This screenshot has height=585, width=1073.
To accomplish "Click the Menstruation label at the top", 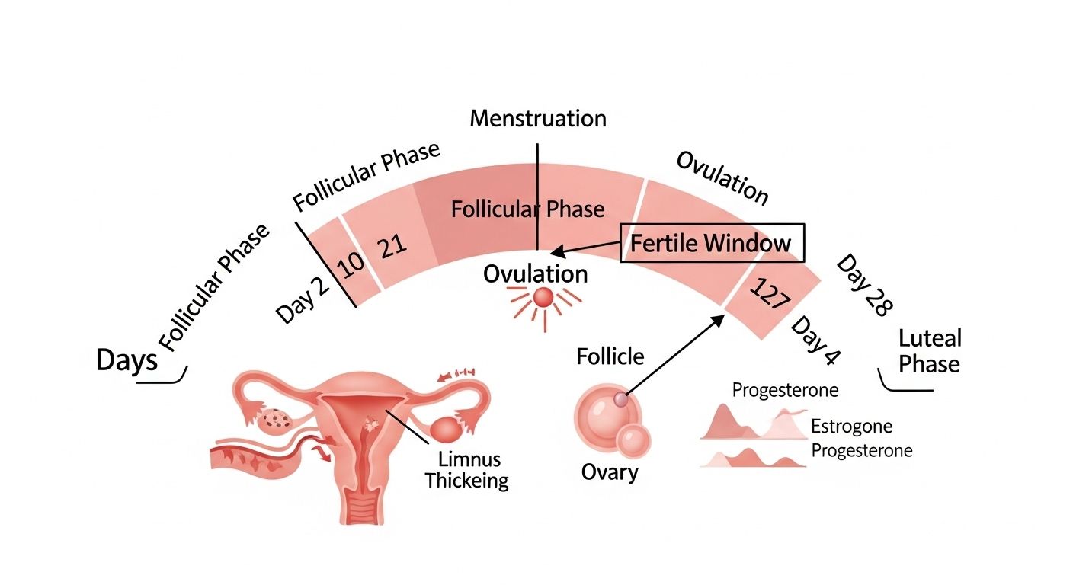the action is (x=538, y=119).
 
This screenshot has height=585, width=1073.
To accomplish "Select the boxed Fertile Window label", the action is (x=712, y=243).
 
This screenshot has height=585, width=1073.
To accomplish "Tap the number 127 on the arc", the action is (x=770, y=293).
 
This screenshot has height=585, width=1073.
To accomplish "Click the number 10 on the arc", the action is (x=351, y=266).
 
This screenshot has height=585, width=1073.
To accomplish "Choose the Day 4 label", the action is (x=815, y=340).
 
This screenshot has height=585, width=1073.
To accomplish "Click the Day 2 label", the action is (x=303, y=301).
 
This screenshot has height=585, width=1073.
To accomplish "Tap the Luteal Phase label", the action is (x=930, y=351).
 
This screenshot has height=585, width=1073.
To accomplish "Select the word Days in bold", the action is (x=127, y=360).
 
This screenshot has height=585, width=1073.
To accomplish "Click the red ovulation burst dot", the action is (x=543, y=299).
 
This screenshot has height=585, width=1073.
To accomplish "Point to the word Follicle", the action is (x=610, y=356).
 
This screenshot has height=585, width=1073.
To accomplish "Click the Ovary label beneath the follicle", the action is (x=610, y=472).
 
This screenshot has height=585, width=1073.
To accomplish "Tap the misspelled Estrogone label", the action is (x=852, y=426).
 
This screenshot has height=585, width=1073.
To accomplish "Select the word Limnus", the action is (x=469, y=459).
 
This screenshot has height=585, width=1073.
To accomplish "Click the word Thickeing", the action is (x=466, y=481).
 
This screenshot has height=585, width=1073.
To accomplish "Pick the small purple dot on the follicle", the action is (x=620, y=399).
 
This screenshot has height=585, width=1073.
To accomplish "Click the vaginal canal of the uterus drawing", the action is (x=364, y=508).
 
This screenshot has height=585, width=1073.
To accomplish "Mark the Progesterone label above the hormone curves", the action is (x=785, y=391).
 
